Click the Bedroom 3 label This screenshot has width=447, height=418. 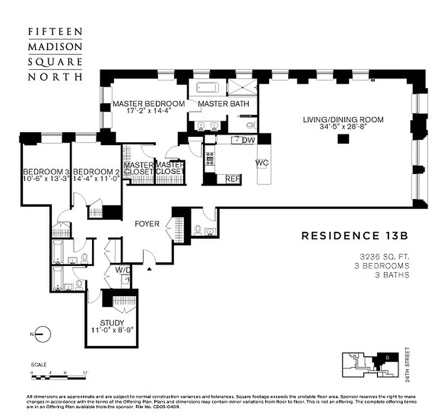click(x=46, y=171)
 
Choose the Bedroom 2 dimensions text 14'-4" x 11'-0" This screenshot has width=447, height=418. click(x=97, y=178)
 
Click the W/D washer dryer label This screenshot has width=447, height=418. click(x=123, y=270)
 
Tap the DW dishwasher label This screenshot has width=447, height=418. click(x=248, y=140)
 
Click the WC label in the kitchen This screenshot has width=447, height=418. click(x=261, y=163)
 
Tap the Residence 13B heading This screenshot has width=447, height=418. click(x=354, y=236)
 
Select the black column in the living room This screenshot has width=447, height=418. click(x=343, y=139)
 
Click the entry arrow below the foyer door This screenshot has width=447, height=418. click(x=150, y=269)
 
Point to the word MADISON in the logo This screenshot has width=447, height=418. click(x=54, y=46)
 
